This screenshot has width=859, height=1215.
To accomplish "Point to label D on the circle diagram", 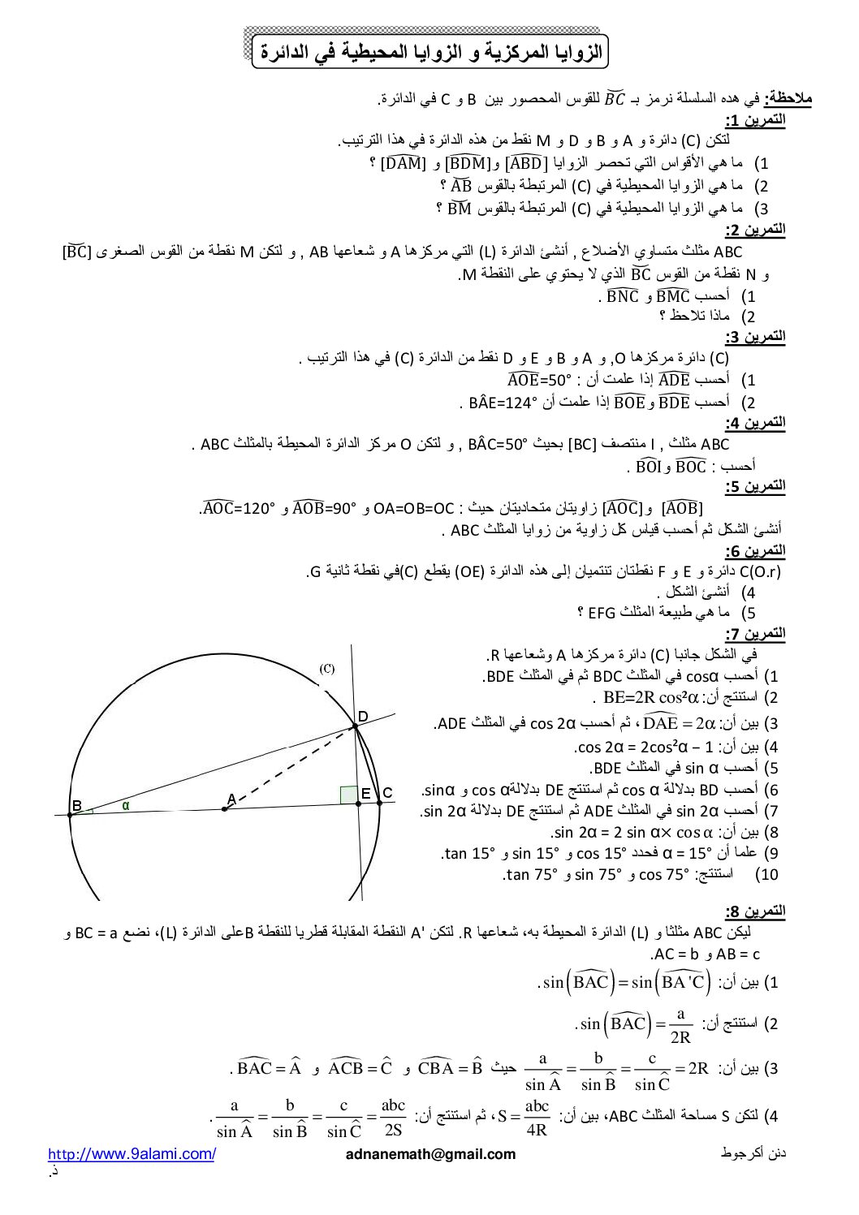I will (x=363, y=716).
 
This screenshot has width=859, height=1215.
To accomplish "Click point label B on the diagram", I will (x=76, y=805).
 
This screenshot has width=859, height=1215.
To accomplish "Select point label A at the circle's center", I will (x=231, y=799).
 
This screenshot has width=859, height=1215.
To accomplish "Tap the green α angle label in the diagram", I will (x=126, y=805).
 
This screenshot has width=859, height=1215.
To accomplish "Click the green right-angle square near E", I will (x=349, y=794).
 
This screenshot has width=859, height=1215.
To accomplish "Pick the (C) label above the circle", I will (x=327, y=669).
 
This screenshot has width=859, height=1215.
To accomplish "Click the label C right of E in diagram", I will (x=387, y=793).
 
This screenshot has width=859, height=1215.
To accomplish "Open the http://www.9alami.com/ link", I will (x=132, y=1154).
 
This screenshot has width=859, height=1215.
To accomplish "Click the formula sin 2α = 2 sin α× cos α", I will (x=632, y=832).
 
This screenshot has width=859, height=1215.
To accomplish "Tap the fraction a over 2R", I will (x=680, y=1025).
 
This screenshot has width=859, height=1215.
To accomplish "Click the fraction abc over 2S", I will (x=393, y=1117).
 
